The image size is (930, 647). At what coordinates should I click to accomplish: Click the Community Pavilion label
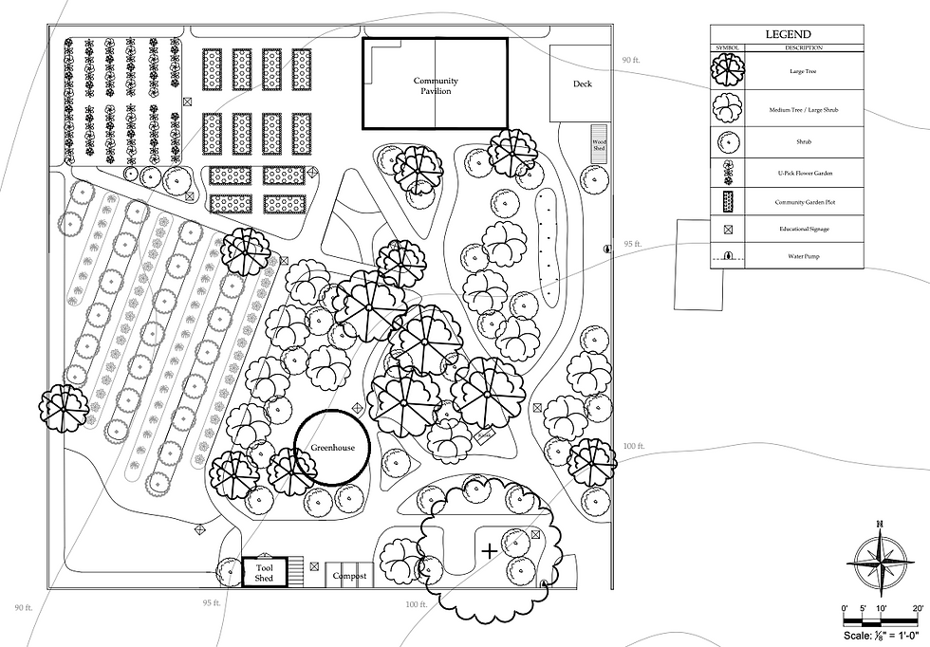point(436,86)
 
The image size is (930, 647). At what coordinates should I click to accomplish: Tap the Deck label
point(582,84)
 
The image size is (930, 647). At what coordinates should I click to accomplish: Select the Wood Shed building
point(599,140)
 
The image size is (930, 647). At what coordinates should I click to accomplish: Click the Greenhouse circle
point(331,448)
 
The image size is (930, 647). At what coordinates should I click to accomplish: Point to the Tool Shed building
point(264,572)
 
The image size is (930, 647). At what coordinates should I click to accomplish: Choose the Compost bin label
point(349,576)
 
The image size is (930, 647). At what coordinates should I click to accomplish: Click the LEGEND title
point(788,34)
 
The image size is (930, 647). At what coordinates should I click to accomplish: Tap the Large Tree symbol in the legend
point(728,71)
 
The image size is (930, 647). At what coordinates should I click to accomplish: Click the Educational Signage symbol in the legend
point(728,231)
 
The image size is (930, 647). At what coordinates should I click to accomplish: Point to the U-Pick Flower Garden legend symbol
point(728,173)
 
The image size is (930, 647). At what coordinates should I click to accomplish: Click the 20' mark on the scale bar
point(917,608)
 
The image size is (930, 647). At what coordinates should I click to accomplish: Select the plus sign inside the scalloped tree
point(489,549)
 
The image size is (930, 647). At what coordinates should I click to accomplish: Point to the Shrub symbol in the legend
point(728,142)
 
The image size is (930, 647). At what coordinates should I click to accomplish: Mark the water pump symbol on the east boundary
point(606,249)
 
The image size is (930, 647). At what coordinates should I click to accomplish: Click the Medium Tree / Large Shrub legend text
point(804,110)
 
